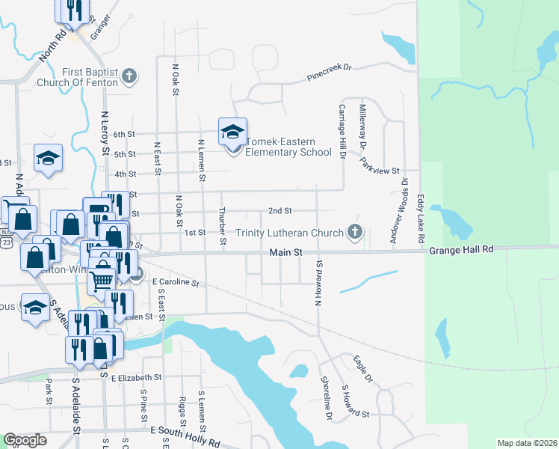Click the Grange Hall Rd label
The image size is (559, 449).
tap(462, 248)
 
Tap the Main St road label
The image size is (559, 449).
tap(286, 254)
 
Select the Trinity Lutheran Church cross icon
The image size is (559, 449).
tap(355, 232)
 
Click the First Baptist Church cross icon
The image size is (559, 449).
tap(130, 76)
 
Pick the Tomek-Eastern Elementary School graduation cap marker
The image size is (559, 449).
tap(232, 132)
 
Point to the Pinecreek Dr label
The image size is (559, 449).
tap(329, 73)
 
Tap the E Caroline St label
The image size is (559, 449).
tap(176, 283)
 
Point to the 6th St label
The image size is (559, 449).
tap(124, 135)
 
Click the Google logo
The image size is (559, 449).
tap(25, 440)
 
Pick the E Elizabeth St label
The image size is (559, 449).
tap(137, 378)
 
